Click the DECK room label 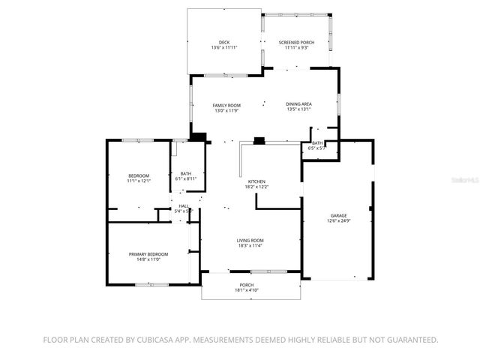click(223, 42)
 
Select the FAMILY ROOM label click(226, 105)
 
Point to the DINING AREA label click(298, 104)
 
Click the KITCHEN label click(257, 181)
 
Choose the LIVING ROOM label click(250, 240)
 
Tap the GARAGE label click(339, 215)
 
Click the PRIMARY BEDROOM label click(148, 254)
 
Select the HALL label click(184, 206)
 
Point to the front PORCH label click(247, 285)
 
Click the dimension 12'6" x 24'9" click(339, 220)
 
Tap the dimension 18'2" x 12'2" click(257, 187)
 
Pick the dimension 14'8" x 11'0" click(148, 259)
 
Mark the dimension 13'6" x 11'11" click(223, 48)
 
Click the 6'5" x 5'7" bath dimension click(317, 148)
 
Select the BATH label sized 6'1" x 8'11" click(185, 174)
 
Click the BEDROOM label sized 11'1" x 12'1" click(139, 175)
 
